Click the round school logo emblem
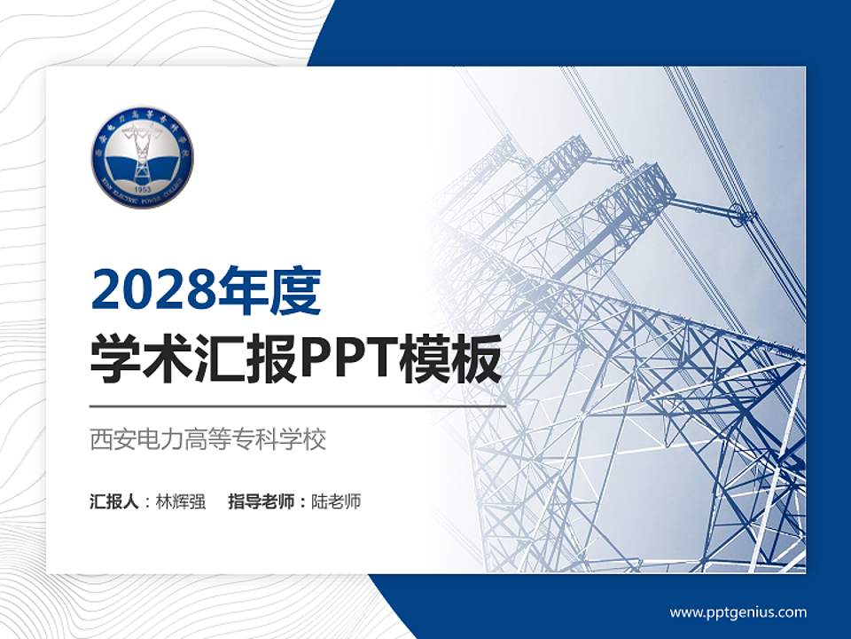142,157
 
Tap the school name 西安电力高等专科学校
208,439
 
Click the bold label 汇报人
114,501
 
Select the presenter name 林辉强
181,501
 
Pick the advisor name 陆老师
337,501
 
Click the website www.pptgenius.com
738,612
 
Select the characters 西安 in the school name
108,439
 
